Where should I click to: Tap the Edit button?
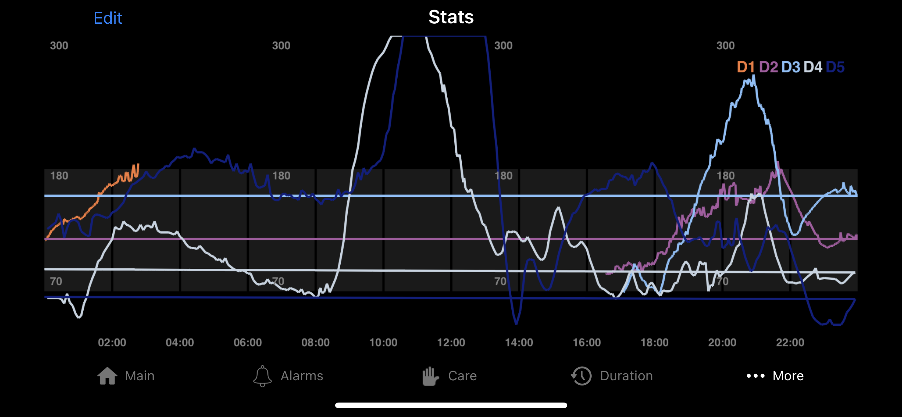tap(108, 18)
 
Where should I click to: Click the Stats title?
tap(451, 17)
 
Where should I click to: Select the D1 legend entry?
tap(746, 67)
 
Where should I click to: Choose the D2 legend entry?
tap(768, 67)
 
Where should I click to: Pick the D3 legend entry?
tap(791, 67)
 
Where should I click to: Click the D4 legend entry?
tap(813, 67)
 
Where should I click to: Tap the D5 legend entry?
tap(835, 67)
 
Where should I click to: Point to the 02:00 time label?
tap(112, 342)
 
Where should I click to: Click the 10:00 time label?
tap(383, 342)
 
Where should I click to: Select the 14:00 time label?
tap(519, 342)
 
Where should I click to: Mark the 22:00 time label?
tap(790, 342)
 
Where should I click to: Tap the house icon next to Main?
tap(107, 376)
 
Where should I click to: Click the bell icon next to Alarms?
tap(263, 376)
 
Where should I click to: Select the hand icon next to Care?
tap(430, 376)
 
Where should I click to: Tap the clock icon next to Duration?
tap(581, 376)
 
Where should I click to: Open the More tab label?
tap(788, 376)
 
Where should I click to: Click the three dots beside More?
tap(756, 376)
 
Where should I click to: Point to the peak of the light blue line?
tap(754, 76)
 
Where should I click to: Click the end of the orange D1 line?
tap(138, 164)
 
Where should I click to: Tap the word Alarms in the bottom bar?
tap(302, 376)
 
